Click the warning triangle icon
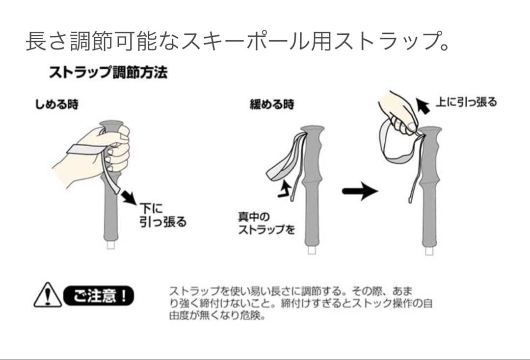click(48, 295)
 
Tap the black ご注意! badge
click(99, 296)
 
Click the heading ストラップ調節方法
click(108, 72)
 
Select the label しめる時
click(57, 104)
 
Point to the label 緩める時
click(272, 104)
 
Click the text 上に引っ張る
click(467, 102)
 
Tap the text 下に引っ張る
click(163, 215)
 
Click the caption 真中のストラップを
click(266, 223)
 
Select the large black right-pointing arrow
click(360, 191)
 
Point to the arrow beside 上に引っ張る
click(423, 106)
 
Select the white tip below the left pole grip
click(111, 245)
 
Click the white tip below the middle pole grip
click(312, 250)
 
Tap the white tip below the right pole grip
click(429, 251)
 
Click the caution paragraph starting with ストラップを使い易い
click(301, 303)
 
